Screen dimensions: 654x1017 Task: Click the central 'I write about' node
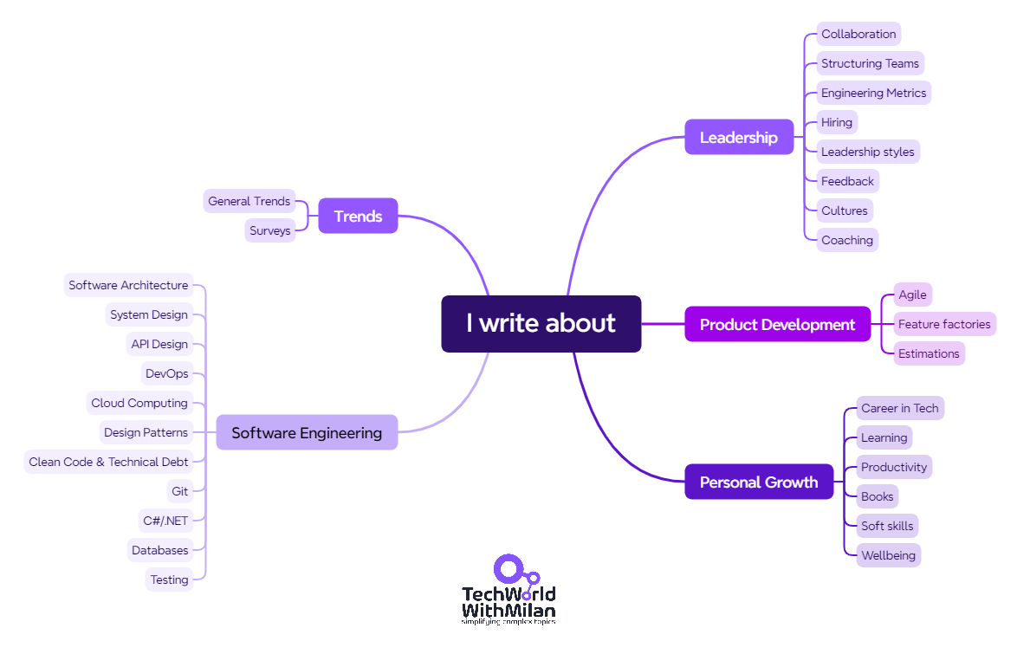(541, 324)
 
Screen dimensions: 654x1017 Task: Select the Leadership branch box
(739, 137)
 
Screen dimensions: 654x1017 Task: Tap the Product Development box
(777, 325)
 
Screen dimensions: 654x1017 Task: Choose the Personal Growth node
(758, 482)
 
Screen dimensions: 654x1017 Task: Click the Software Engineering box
(307, 433)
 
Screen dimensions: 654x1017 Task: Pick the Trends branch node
(358, 216)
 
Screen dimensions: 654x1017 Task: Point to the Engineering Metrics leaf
(873, 93)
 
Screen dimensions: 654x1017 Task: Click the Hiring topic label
(837, 122)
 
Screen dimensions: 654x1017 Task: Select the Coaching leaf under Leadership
(847, 240)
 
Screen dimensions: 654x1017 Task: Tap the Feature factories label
(944, 324)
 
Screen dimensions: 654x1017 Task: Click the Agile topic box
(912, 295)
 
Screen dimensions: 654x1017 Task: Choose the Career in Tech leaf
(899, 408)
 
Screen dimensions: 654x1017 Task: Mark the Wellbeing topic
(888, 555)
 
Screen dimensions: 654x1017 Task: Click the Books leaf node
(877, 496)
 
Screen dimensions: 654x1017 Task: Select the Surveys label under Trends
(270, 230)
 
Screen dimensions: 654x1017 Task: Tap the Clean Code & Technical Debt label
(108, 462)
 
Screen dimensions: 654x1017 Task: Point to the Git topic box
(179, 491)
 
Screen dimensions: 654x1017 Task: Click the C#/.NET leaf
(165, 521)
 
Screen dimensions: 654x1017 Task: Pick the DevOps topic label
(166, 373)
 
